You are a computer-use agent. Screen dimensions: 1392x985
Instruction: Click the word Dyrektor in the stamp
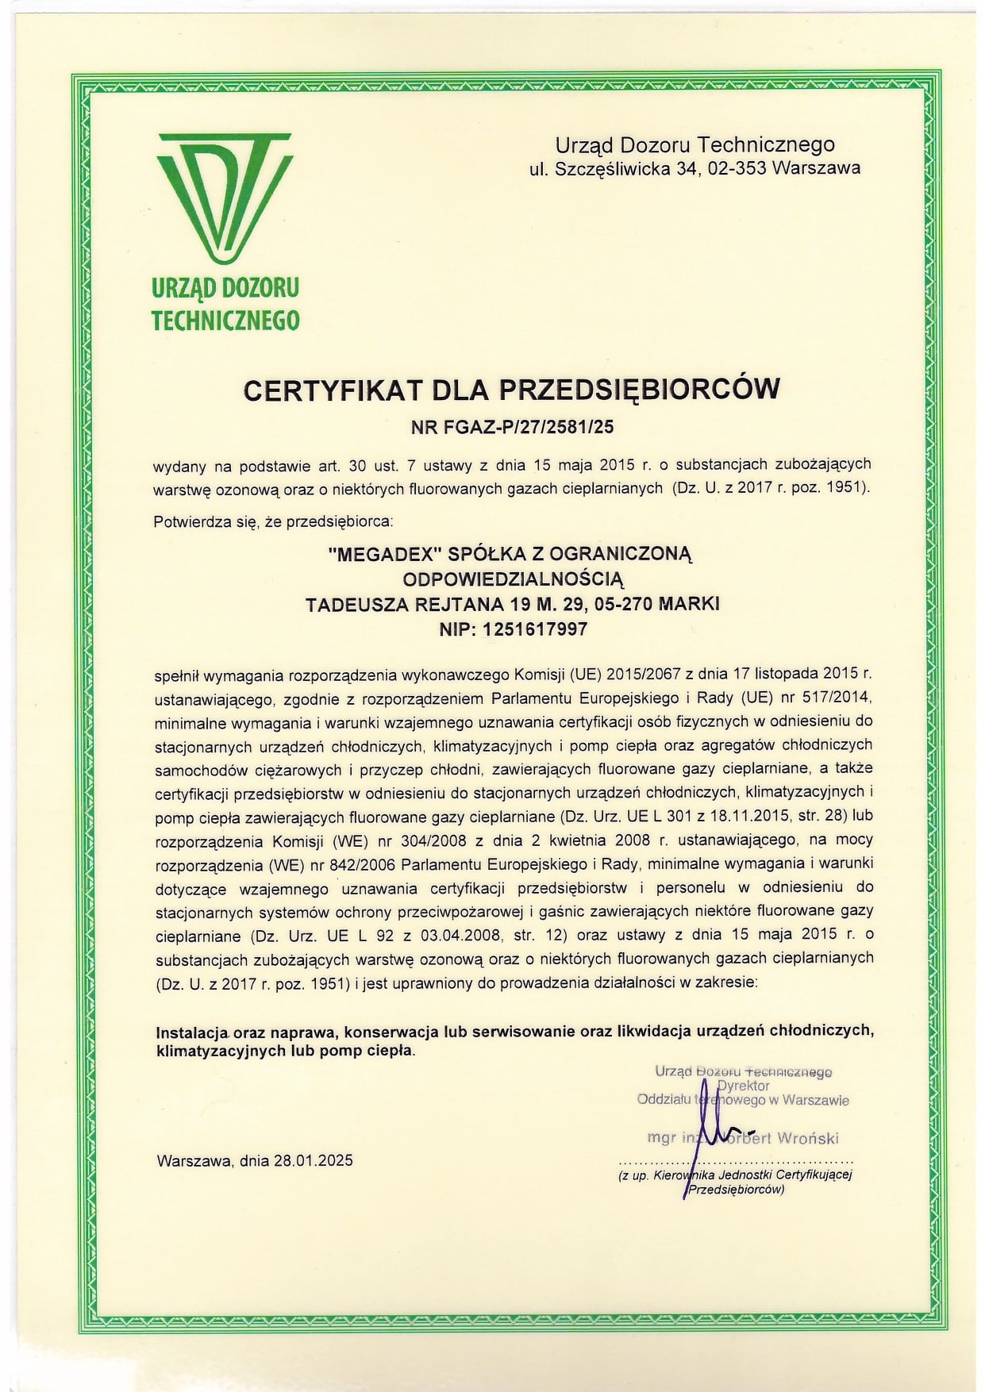point(743,1085)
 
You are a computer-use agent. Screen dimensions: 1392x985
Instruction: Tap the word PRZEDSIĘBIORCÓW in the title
point(640,390)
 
